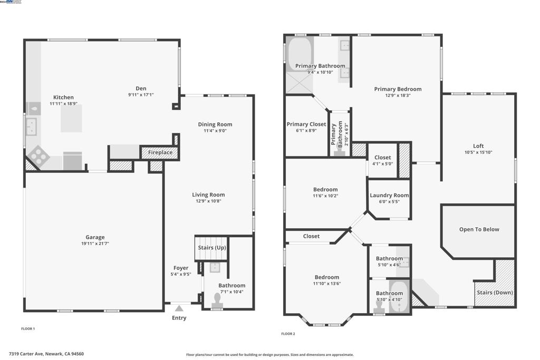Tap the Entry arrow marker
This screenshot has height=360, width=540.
(x=179, y=308)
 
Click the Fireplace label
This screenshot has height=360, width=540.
(x=160, y=152)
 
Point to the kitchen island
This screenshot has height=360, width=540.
(x=71, y=118)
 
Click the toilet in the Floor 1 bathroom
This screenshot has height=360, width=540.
(x=217, y=300)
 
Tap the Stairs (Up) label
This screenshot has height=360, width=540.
(x=212, y=247)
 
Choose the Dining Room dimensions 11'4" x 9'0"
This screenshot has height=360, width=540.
(x=215, y=131)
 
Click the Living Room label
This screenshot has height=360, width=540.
(x=208, y=194)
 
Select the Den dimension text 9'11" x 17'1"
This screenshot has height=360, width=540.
(x=141, y=95)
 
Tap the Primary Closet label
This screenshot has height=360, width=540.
(x=306, y=124)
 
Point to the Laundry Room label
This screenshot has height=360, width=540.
(x=389, y=195)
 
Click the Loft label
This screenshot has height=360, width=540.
(x=478, y=146)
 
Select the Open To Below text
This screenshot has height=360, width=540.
(x=479, y=229)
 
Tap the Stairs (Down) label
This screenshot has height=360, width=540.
(x=495, y=293)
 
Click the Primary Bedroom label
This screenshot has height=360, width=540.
(x=398, y=89)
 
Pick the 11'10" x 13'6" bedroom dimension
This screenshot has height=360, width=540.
(x=327, y=284)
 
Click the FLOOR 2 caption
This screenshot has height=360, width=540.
(x=288, y=334)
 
